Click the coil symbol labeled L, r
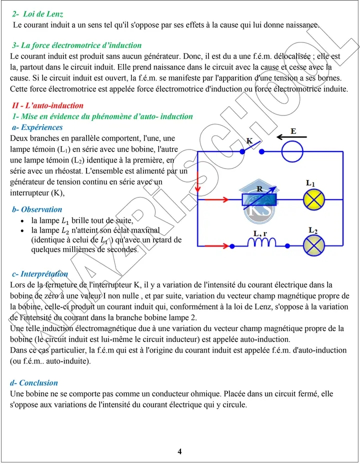click(x=262, y=242)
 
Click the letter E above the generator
click(x=293, y=131)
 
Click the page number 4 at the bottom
click(x=180, y=452)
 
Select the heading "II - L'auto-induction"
click(x=47, y=105)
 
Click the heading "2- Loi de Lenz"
click(x=37, y=14)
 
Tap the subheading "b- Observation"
click(x=37, y=209)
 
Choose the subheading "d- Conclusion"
click(x=34, y=383)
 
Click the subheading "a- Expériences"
click(x=38, y=127)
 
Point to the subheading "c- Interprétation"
click(x=40, y=273)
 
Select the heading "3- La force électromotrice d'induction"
click(x=77, y=45)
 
